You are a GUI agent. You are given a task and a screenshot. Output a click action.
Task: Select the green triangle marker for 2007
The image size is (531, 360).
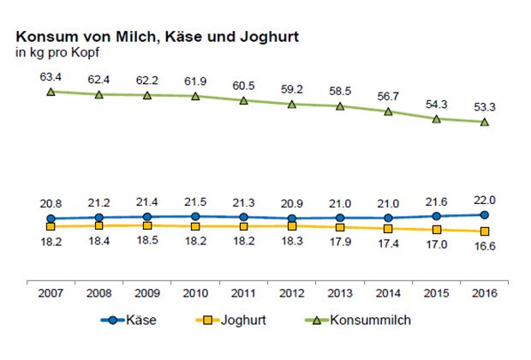coord(51,91)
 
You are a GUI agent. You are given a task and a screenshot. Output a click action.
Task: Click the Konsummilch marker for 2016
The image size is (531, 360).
coord(485,122)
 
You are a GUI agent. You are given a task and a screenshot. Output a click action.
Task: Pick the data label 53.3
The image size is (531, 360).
coord(485,105)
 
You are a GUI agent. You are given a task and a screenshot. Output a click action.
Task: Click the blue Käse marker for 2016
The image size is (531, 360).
coord(485,215)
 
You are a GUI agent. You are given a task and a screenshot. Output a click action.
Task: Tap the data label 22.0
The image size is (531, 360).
coord(485,199)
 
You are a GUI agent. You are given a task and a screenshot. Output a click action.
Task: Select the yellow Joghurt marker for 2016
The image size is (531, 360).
coord(485,231)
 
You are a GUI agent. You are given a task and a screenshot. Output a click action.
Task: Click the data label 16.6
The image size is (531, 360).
coord(485,247)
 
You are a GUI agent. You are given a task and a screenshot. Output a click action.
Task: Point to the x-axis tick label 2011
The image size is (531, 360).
coord(244,292)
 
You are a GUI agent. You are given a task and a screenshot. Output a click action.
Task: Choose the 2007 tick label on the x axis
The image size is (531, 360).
coord(51,292)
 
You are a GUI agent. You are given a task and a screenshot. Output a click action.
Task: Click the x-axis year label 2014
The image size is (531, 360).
coord(389,292)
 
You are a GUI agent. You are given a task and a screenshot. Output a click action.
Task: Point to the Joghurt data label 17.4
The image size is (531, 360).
coord(389,244)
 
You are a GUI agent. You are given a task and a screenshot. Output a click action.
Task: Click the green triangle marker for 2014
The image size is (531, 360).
coord(389,111)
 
